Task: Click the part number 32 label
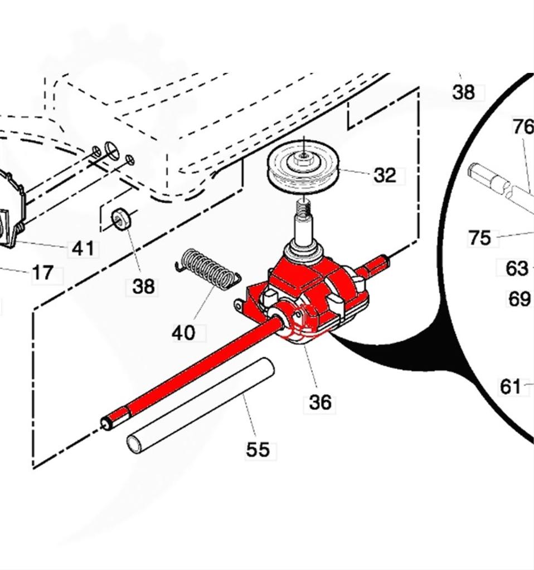385,175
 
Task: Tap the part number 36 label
320,402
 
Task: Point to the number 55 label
258,449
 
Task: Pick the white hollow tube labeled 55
201,405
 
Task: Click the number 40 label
183,333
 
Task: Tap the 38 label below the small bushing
143,287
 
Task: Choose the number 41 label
83,248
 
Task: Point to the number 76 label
522,127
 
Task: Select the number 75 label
479,238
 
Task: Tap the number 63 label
517,268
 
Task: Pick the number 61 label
511,386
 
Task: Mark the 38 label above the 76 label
463,92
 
